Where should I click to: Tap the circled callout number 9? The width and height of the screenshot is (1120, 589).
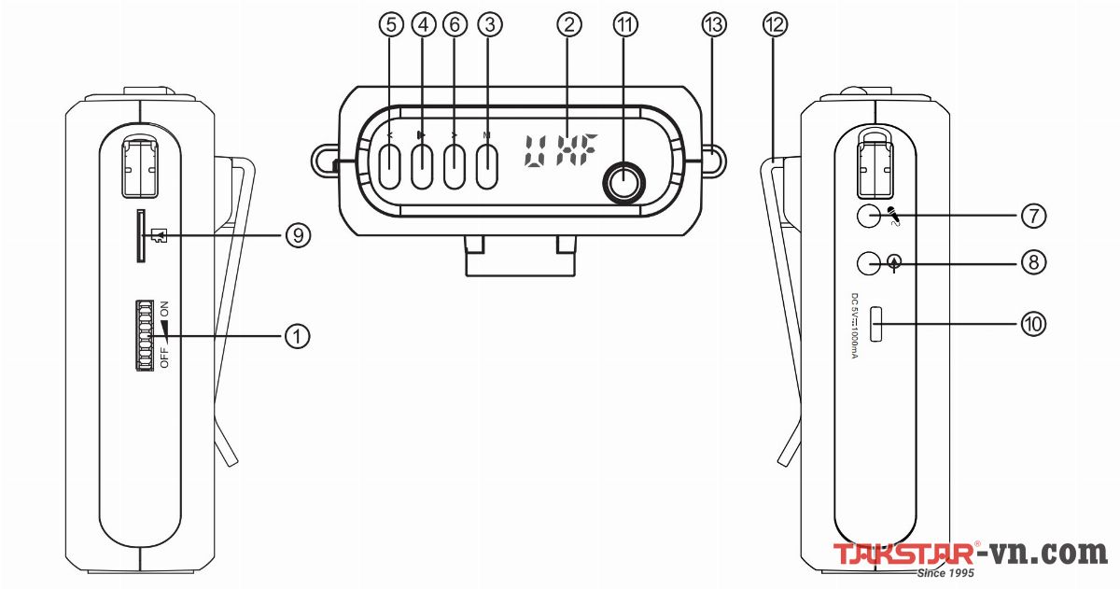(x=297, y=236)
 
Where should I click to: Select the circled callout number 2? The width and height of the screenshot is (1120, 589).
(x=564, y=26)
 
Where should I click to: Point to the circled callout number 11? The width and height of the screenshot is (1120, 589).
(x=624, y=26)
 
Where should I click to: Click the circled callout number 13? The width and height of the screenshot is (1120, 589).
(x=713, y=26)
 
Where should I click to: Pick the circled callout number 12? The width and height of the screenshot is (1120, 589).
(x=772, y=26)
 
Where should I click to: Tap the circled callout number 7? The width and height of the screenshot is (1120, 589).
(x=1032, y=216)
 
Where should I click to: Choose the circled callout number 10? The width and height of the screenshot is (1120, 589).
(x=1032, y=324)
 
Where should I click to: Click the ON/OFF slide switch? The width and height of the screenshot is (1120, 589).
(x=146, y=335)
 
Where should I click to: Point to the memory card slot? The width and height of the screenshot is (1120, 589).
(x=141, y=235)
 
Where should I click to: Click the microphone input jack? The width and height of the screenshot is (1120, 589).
(x=869, y=216)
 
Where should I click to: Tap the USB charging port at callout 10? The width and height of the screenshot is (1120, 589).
(x=876, y=324)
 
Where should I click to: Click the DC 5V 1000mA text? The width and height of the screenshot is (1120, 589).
(x=853, y=327)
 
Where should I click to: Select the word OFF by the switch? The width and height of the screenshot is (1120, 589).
(x=164, y=358)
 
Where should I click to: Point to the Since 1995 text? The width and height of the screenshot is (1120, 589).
(x=945, y=572)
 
